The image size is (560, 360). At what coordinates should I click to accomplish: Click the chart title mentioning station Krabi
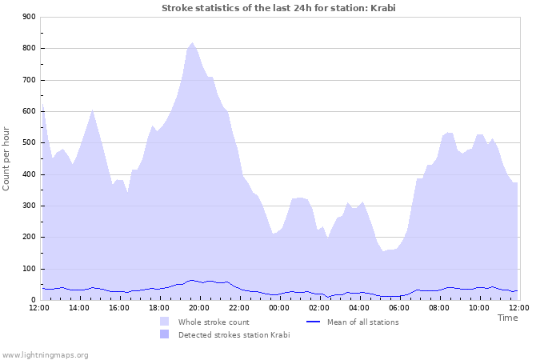278,8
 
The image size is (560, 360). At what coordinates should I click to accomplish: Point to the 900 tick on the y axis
29,17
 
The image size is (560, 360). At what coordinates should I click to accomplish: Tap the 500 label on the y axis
29,143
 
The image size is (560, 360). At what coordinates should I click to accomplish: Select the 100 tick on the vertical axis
29,269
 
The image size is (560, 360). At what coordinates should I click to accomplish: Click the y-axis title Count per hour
7,158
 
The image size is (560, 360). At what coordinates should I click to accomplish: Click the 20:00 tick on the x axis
199,307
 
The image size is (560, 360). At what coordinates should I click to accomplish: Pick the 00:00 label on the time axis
279,307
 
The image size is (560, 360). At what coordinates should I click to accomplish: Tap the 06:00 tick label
399,307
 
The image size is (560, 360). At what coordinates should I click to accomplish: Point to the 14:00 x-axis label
79,307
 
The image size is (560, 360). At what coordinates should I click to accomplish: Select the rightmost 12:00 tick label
519,307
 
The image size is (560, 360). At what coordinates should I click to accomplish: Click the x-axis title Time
507,318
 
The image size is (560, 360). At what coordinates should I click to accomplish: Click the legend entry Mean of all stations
362,322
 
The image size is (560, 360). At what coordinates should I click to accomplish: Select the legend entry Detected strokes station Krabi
234,334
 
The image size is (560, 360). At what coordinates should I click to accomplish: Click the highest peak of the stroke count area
192,43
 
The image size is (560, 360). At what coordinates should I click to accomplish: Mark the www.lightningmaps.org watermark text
45,354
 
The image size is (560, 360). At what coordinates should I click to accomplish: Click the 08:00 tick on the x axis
439,307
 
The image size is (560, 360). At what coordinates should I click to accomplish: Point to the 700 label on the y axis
29,80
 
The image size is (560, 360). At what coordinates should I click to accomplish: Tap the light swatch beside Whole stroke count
165,322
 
